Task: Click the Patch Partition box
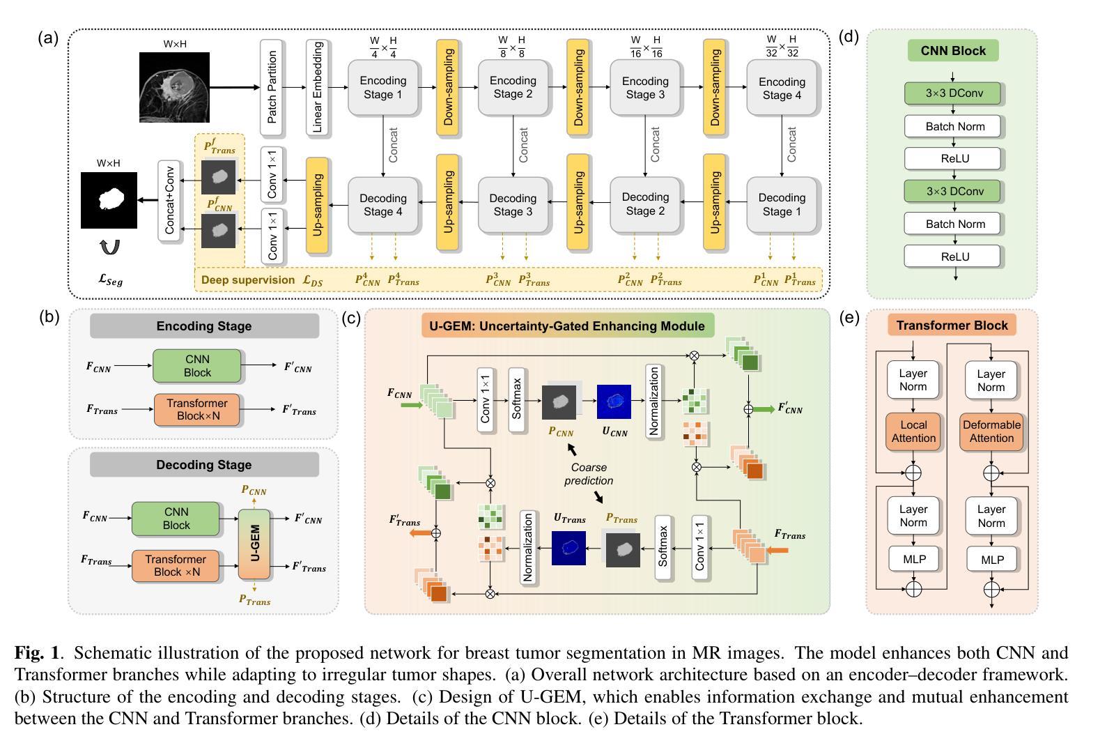point(272,87)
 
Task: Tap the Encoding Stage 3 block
point(645,88)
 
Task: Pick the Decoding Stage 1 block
point(782,204)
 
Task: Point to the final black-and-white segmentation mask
point(109,200)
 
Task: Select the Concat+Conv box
point(169,201)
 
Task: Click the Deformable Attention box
point(991,431)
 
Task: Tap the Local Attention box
point(913,431)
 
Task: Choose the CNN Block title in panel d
point(953,51)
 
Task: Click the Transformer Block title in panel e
point(952,326)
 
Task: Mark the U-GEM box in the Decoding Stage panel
point(254,544)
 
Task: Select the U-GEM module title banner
point(567,326)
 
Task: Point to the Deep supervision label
point(248,280)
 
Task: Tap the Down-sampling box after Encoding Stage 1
point(448,87)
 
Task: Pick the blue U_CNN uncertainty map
point(614,402)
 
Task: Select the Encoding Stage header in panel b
point(204,326)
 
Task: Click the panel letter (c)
point(351,318)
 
